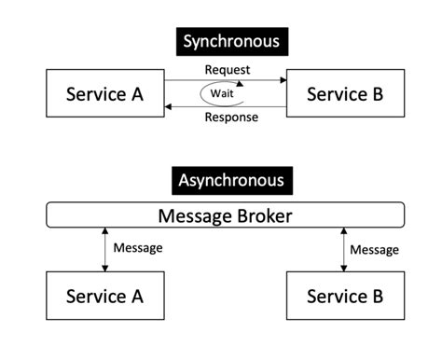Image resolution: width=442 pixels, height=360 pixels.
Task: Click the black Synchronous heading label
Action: coord(230,41)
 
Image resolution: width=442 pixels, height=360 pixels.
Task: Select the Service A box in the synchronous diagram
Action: coord(104,94)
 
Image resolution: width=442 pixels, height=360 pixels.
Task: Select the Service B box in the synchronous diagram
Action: coord(344,94)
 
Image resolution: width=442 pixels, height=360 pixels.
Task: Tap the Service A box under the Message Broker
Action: coord(104,297)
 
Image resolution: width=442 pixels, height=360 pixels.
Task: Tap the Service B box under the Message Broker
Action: coord(344,297)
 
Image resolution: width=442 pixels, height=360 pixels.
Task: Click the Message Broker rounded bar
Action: coord(226,215)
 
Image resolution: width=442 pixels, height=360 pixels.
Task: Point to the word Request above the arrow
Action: coord(227,70)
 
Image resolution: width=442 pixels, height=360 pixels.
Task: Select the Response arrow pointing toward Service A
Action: coord(186,107)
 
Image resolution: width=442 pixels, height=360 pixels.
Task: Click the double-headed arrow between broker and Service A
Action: coord(104,249)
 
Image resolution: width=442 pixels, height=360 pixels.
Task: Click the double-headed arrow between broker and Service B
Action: coord(344,249)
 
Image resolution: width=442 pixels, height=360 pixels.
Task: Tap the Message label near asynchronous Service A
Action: coord(138,248)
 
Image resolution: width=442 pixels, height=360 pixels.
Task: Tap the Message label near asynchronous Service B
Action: coord(374,249)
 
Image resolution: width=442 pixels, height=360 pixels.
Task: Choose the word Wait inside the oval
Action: coord(221,94)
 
